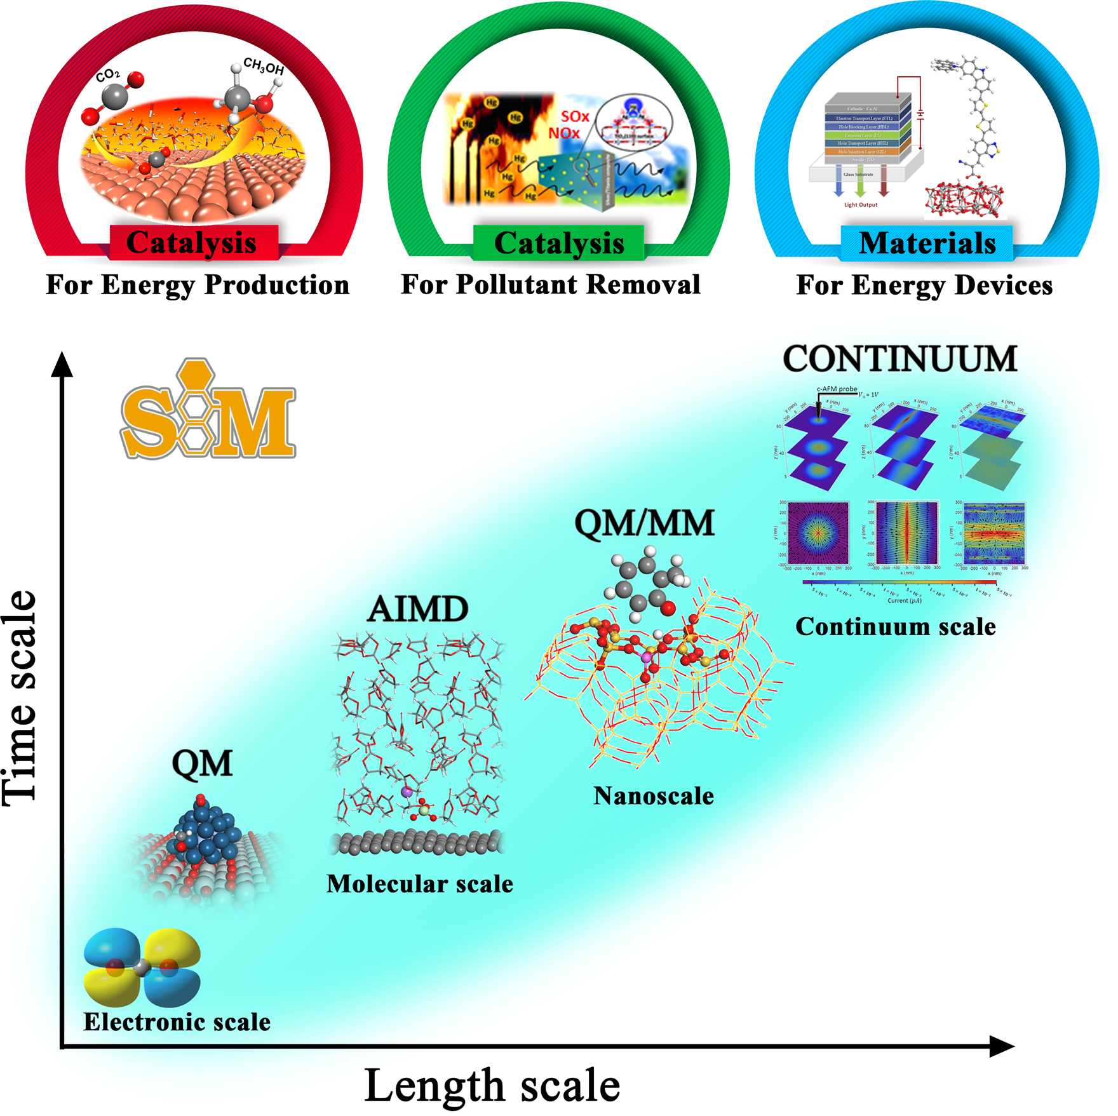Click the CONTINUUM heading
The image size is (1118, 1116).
tap(899, 360)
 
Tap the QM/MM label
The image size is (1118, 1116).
tap(645, 524)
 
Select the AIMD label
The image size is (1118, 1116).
tap(418, 609)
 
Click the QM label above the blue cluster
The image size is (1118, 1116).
tap(202, 763)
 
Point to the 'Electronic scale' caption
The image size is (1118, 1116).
tap(177, 1022)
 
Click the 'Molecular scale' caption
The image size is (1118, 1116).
tap(419, 884)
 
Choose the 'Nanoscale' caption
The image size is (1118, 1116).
tap(653, 796)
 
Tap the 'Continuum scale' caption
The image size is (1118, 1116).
tap(895, 627)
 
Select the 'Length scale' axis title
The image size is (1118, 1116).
tap(492, 1086)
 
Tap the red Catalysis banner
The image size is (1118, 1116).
tap(192, 243)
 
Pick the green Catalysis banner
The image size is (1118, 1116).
tap(559, 243)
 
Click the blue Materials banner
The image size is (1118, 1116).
tap(927, 243)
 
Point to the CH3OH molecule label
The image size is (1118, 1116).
tap(264, 66)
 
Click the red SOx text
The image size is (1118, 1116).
tap(575, 117)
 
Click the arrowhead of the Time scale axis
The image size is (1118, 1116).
tap(62, 365)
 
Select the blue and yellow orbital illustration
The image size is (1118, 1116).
tap(142, 968)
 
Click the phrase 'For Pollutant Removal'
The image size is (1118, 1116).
tap(550, 285)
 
